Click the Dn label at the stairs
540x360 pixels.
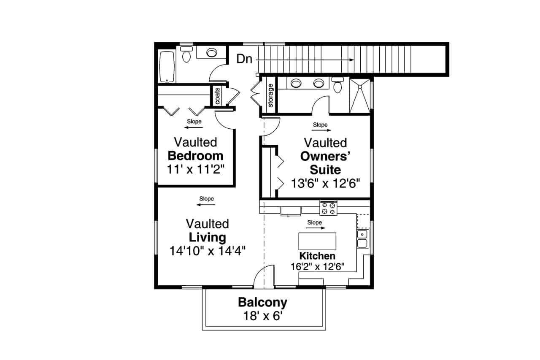[244, 59]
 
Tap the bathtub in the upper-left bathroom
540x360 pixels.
[167, 67]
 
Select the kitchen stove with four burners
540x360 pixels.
[329, 208]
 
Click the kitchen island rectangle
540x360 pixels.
[317, 241]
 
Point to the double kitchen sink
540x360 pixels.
[362, 238]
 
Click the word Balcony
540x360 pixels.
[262, 302]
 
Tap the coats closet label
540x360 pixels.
[218, 96]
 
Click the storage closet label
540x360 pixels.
[270, 95]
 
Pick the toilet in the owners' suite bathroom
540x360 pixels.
[337, 86]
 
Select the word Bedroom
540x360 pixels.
[195, 155]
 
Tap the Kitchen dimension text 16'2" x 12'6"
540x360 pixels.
[317, 266]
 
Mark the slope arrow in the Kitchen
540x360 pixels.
[316, 228]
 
